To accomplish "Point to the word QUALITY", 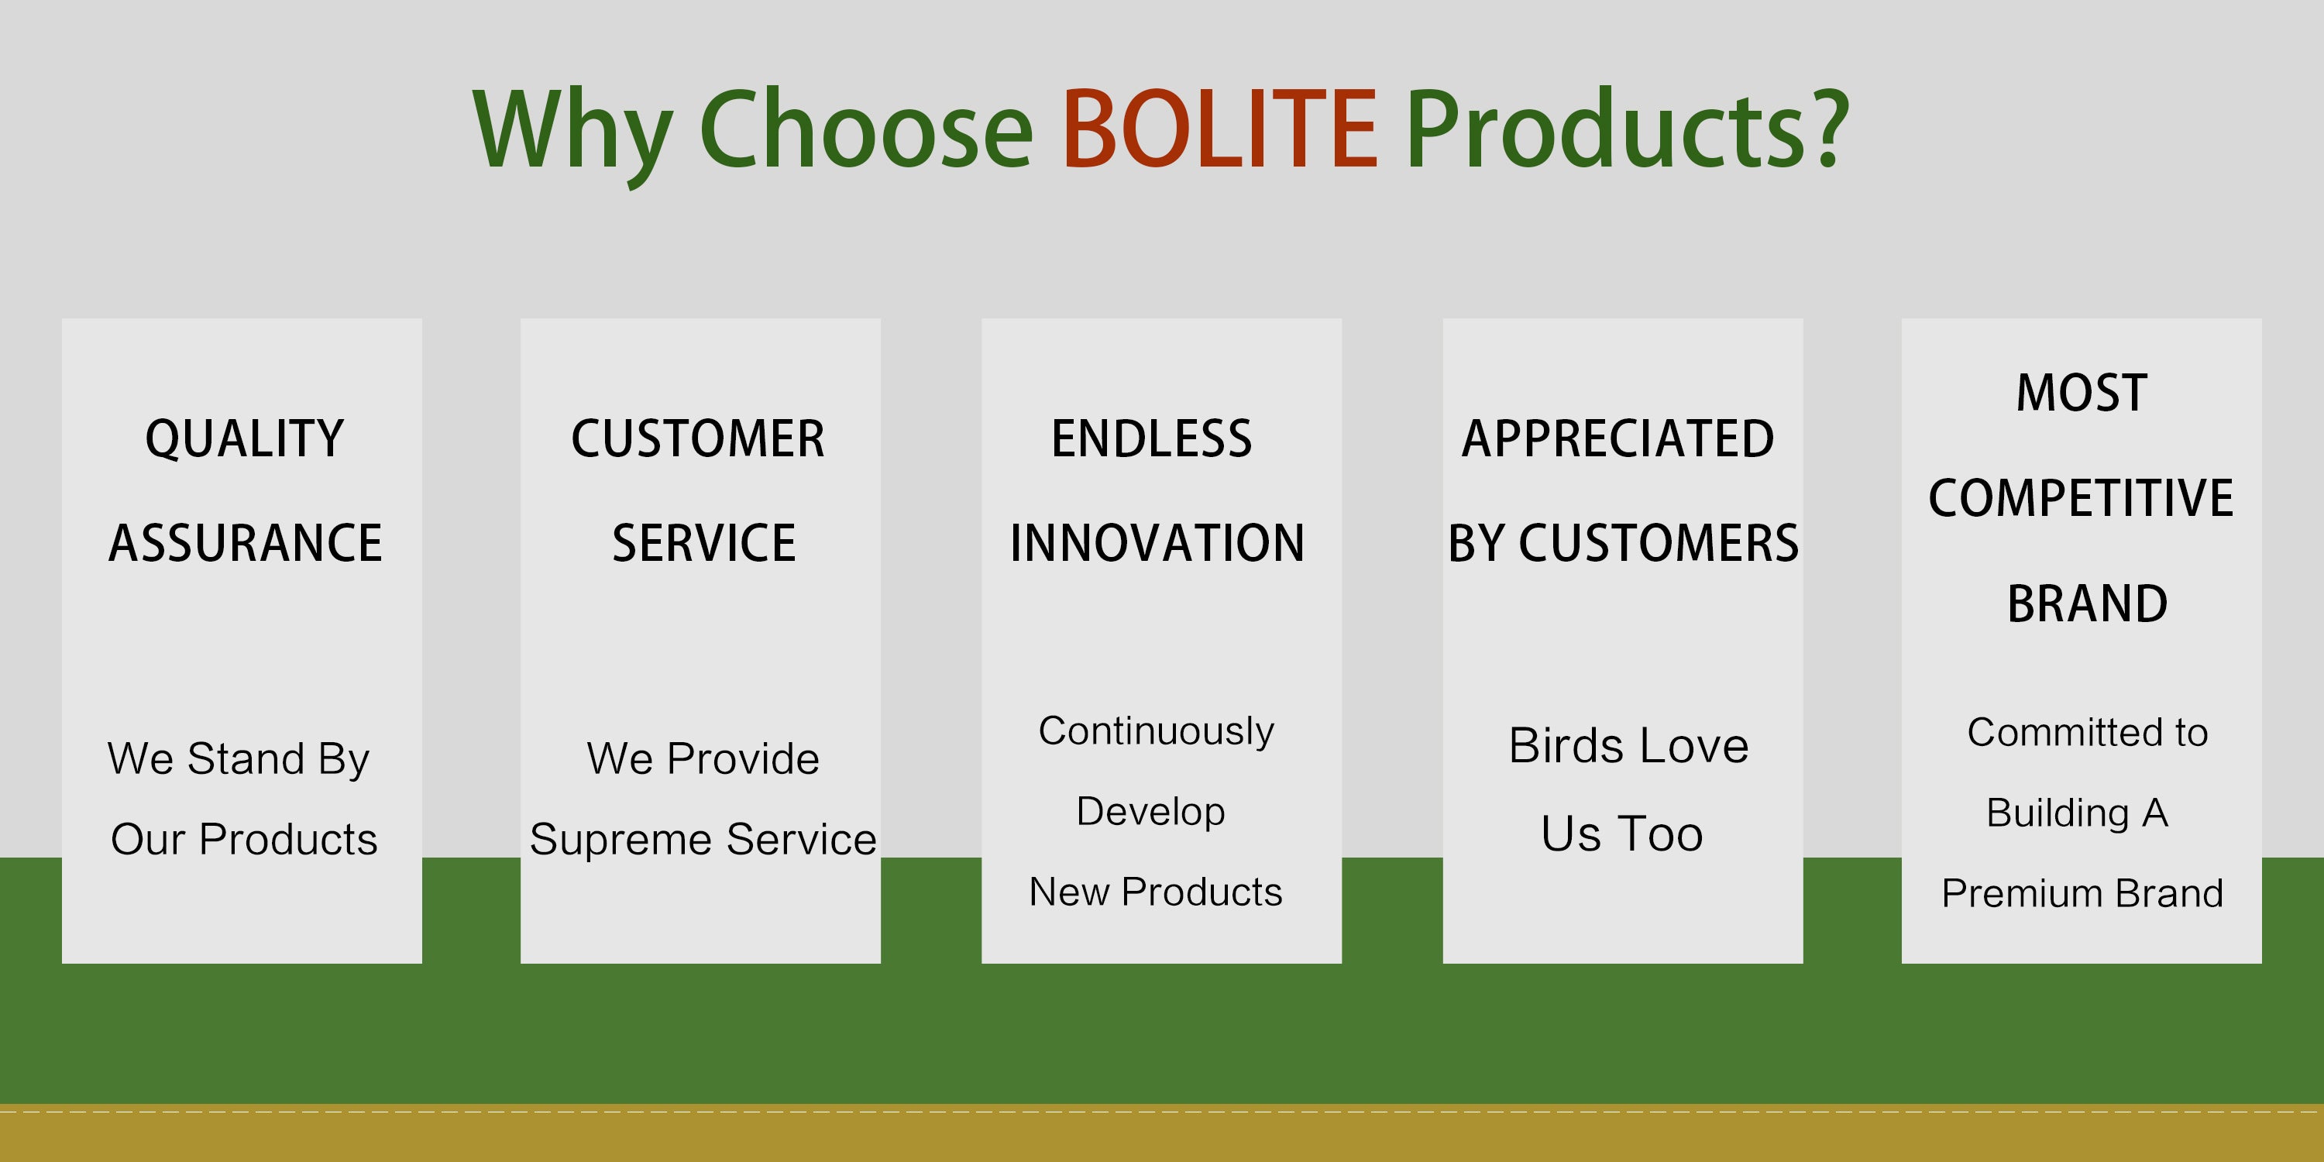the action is pyautogui.click(x=245, y=440).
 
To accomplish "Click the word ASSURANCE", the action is pyautogui.click(x=246, y=543).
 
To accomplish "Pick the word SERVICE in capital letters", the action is pyautogui.click(x=703, y=543).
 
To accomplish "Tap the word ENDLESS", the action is pyautogui.click(x=1152, y=439).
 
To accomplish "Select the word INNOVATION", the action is pyautogui.click(x=1157, y=543).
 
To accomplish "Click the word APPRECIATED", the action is pyautogui.click(x=1618, y=439).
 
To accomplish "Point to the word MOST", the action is pyautogui.click(x=2082, y=394).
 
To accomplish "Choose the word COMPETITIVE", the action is pyautogui.click(x=2082, y=498).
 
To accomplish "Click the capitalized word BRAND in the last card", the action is pyautogui.click(x=2088, y=603).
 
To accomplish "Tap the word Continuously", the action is pyautogui.click(x=1157, y=731).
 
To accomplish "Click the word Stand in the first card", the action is pyautogui.click(x=246, y=758).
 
